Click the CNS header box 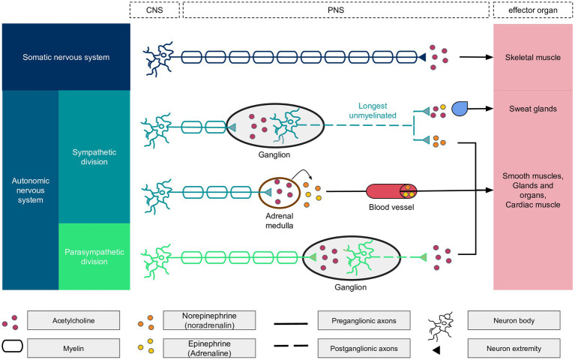pyautogui.click(x=154, y=10)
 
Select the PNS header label pyautogui.click(x=336, y=10)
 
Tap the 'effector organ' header pyautogui.click(x=533, y=10)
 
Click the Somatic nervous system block pyautogui.click(x=66, y=57)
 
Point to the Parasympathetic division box pyautogui.click(x=94, y=256)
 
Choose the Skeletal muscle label pyautogui.click(x=533, y=57)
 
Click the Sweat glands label pyautogui.click(x=533, y=109)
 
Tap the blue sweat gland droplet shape pyautogui.click(x=459, y=109)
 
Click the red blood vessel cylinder pyautogui.click(x=391, y=191)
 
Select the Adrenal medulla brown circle pyautogui.click(x=280, y=192)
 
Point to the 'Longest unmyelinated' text pyautogui.click(x=373, y=110)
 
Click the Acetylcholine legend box pyautogui.click(x=73, y=320)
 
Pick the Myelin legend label pyautogui.click(x=73, y=348)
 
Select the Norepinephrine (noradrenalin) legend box pyautogui.click(x=209, y=320)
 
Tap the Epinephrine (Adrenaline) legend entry pyautogui.click(x=209, y=348)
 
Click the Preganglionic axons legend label pyautogui.click(x=364, y=320)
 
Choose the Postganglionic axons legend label pyautogui.click(x=364, y=348)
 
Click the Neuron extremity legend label pyautogui.click(x=514, y=348)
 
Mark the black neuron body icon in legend pyautogui.click(x=441, y=326)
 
